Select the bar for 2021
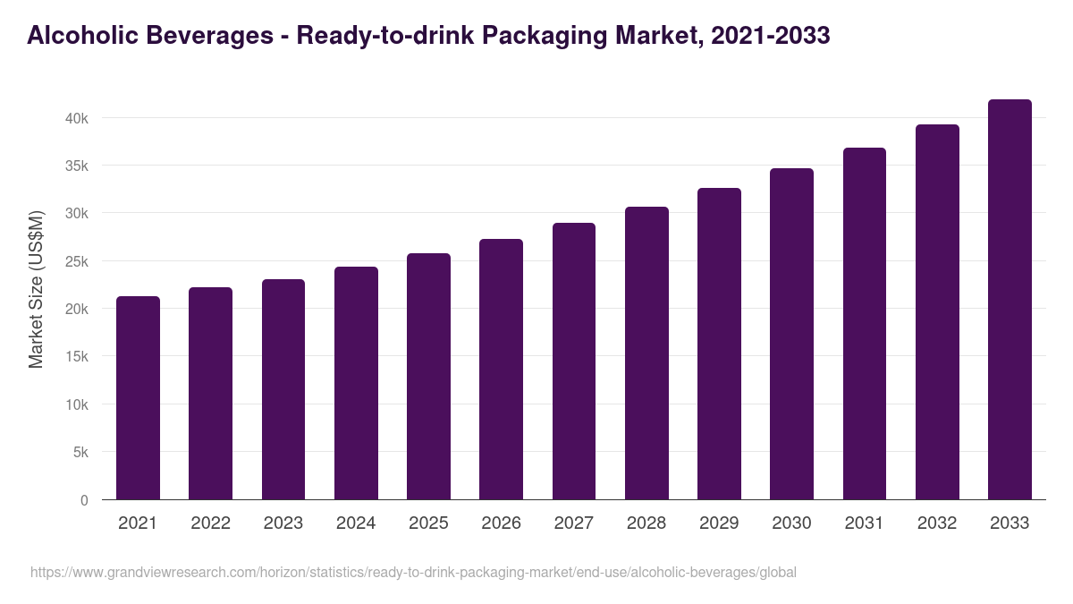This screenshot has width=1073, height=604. [138, 398]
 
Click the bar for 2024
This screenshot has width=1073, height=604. [356, 383]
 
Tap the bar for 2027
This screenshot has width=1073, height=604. [574, 362]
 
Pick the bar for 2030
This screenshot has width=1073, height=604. [791, 334]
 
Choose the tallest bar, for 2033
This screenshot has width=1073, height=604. [1010, 300]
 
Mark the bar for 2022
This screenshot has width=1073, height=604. [210, 394]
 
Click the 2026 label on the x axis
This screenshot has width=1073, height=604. [501, 523]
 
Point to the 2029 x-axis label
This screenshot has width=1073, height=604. [719, 523]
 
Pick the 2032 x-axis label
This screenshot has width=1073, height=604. [937, 523]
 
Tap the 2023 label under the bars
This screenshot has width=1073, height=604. [283, 523]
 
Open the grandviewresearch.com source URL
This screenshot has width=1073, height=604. [413, 572]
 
